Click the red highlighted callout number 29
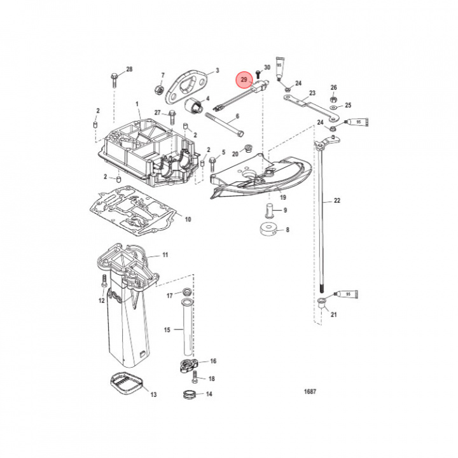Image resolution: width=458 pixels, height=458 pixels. (244, 80)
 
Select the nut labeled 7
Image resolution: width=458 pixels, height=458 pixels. (157, 88)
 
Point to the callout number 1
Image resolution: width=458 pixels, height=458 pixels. (136, 104)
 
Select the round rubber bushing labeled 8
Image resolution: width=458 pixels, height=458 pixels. (268, 230)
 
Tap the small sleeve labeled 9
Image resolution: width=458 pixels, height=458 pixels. (269, 209)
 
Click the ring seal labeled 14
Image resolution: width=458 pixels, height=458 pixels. (188, 395)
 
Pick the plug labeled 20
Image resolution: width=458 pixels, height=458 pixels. (248, 150)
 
